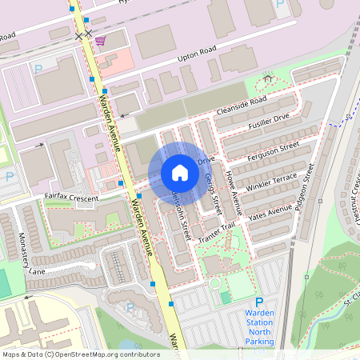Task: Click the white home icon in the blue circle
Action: (x=180, y=173)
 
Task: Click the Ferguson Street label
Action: (x=274, y=150)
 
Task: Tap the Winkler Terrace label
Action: (x=273, y=182)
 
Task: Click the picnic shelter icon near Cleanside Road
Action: (x=267, y=78)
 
